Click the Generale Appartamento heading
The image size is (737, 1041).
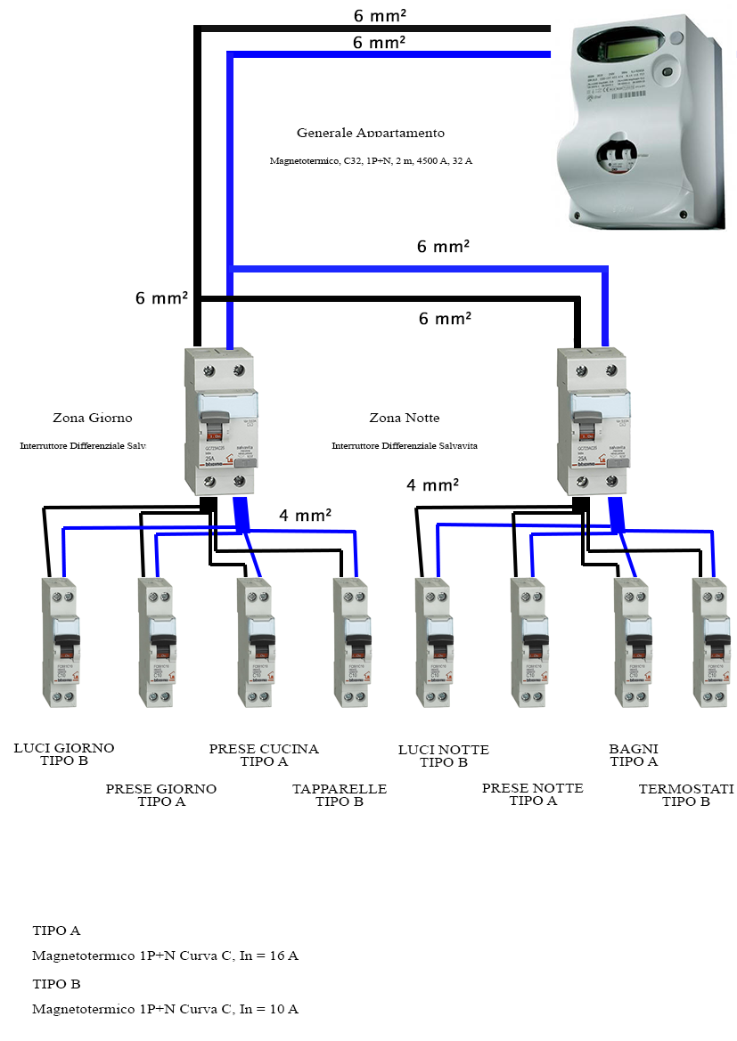click(x=370, y=133)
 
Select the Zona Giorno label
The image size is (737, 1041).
click(x=92, y=418)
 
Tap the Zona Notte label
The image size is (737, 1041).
click(x=404, y=418)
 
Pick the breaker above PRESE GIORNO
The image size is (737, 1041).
click(x=155, y=641)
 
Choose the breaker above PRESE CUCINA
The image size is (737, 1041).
click(x=255, y=641)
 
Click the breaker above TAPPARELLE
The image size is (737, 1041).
click(x=351, y=641)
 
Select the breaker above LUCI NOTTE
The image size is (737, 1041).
click(x=433, y=641)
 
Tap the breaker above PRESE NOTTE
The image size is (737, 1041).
click(x=528, y=641)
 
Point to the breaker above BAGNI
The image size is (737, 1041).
click(x=632, y=641)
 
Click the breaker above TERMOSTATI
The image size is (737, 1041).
click(x=712, y=641)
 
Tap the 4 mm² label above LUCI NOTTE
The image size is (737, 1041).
click(x=432, y=485)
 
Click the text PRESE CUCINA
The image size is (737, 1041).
click(x=264, y=749)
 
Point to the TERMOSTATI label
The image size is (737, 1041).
click(x=685, y=789)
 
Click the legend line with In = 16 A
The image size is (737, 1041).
click(x=165, y=956)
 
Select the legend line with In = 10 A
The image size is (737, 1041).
click(x=165, y=1010)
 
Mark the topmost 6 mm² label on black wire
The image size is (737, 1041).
click(x=379, y=15)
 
